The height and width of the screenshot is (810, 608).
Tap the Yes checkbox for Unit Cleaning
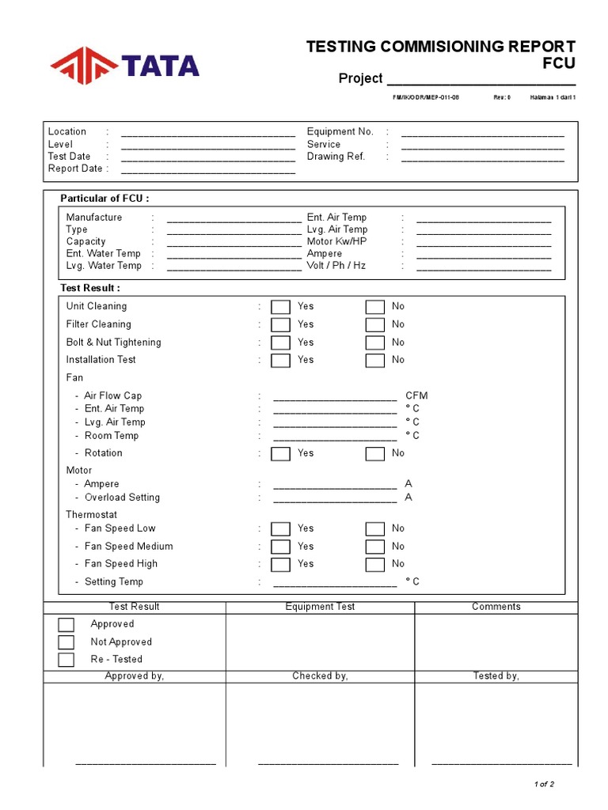pos(280,307)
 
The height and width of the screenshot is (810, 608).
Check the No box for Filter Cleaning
pos(374,325)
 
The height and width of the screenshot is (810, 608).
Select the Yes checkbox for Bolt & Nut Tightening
pos(280,343)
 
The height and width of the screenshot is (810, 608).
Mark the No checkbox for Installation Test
pos(374,361)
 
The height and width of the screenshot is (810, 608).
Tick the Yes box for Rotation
pos(280,454)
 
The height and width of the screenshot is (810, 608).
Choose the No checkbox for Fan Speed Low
pos(374,529)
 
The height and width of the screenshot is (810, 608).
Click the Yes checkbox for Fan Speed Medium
pos(280,547)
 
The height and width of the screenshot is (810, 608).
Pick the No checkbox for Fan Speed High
pos(374,565)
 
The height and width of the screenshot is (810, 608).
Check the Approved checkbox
pos(66,625)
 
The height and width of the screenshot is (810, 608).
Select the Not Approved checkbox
pos(66,642)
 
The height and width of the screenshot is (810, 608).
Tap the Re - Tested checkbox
pos(66,660)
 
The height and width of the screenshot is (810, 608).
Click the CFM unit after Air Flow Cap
pos(416,396)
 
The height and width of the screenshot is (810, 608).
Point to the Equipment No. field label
pos(340,132)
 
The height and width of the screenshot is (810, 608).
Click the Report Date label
pos(75,168)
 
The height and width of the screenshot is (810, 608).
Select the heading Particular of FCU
pos(104,199)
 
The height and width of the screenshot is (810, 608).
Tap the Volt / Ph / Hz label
pos(336,266)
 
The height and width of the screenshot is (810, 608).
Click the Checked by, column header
pos(320,676)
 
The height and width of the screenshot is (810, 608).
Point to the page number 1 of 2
pos(544,784)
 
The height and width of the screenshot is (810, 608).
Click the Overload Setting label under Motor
pos(122,498)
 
